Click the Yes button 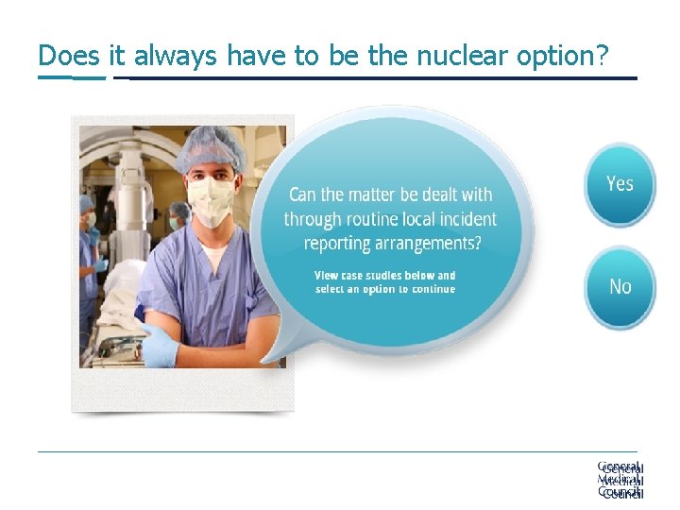coord(620,184)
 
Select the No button coord(620,286)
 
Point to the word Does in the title coord(68,56)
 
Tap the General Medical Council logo coord(620,480)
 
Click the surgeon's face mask coord(210,199)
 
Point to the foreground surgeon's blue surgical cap coord(211,147)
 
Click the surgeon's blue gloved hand coord(158,347)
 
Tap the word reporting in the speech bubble coord(341,243)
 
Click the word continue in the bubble coord(431,289)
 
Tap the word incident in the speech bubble coord(465,219)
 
